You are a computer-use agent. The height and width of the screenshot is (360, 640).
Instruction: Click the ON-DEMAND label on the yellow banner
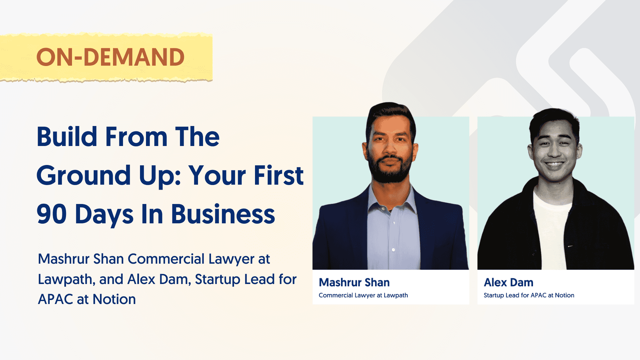tap(110, 57)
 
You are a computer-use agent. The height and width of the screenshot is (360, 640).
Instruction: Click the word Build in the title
tap(67, 137)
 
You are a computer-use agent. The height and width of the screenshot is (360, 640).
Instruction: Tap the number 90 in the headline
tap(52, 214)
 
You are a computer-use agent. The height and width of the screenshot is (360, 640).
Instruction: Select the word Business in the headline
tap(223, 214)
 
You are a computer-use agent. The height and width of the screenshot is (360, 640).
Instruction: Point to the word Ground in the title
tap(84, 175)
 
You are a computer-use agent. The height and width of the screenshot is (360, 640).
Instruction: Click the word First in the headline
tap(279, 175)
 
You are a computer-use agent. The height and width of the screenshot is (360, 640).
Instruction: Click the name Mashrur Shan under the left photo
tap(354, 282)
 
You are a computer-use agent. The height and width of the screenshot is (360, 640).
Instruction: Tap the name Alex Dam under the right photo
tap(508, 282)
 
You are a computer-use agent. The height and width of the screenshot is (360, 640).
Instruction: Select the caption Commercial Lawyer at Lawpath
tap(363, 295)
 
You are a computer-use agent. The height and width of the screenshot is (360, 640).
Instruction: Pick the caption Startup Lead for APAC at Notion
tap(529, 295)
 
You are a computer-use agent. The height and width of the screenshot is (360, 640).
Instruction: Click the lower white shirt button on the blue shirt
tap(393, 250)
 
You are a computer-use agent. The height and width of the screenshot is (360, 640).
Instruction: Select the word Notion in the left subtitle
tap(114, 299)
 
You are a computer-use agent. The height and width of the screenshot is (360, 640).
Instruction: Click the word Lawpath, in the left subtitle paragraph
tap(66, 280)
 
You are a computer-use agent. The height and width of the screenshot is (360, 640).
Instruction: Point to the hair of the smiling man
tap(553, 118)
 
